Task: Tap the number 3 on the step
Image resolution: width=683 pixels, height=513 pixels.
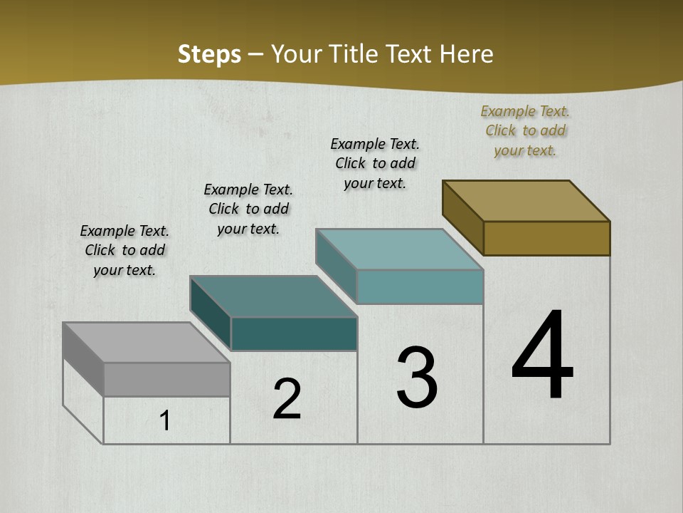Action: (x=417, y=378)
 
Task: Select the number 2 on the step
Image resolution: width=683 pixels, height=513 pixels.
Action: (x=287, y=399)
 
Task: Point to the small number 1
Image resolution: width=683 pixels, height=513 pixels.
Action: (x=165, y=421)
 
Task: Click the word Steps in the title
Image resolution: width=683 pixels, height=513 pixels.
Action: (x=209, y=54)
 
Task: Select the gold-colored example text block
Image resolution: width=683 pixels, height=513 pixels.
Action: (x=525, y=130)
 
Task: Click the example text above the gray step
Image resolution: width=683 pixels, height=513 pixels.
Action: (x=125, y=250)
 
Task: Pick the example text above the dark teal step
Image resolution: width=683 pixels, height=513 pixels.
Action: (x=248, y=209)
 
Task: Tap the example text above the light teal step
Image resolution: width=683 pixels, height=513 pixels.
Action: (x=375, y=163)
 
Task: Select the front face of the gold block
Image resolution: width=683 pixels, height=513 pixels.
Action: (x=546, y=238)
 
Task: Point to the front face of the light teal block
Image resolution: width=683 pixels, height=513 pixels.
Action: (x=420, y=286)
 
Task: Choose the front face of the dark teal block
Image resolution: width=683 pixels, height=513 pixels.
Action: (x=294, y=333)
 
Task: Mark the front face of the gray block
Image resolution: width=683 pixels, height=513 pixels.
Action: (x=166, y=379)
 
